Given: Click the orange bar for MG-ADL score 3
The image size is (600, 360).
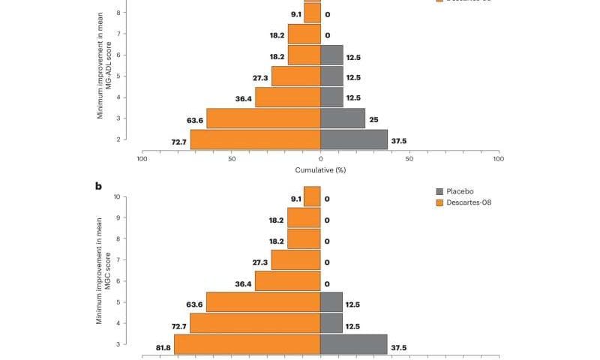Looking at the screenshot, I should (262, 118).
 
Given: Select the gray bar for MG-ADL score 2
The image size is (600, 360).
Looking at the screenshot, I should (354, 139).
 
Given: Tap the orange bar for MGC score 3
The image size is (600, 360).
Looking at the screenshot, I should (247, 344).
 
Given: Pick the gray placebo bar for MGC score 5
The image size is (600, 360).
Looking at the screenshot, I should (331, 302).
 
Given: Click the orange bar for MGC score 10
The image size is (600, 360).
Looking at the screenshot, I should (312, 196).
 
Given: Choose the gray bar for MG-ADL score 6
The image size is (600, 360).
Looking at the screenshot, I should (331, 55).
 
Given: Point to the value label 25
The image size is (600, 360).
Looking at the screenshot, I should (373, 119).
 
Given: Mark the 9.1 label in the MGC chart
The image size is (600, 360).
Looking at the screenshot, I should (296, 199).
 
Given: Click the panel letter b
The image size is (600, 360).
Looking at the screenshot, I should (98, 186).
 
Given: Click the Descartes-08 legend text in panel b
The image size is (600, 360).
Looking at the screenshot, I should (469, 202).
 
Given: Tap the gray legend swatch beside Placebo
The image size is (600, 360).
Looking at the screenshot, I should (440, 191).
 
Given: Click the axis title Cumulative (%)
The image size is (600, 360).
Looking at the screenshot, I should (320, 170).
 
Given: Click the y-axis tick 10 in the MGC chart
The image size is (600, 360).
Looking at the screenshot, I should (117, 196).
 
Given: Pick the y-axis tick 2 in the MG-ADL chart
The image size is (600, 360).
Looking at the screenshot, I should (118, 139).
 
